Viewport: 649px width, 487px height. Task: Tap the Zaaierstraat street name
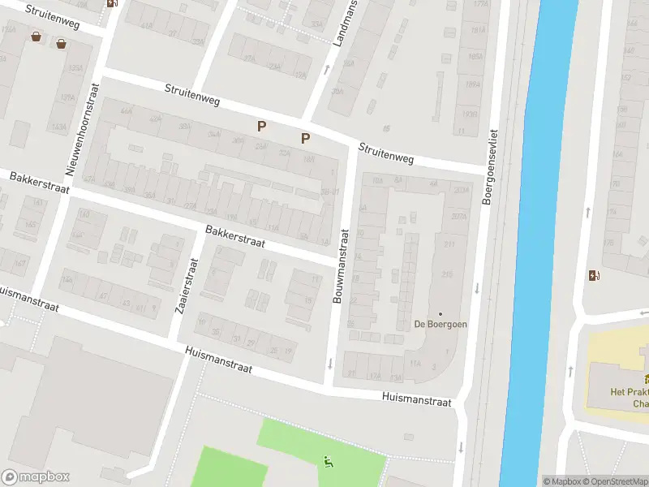(186, 286)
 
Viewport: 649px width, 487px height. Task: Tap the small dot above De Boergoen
(441, 314)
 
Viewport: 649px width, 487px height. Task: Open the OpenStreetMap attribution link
(612, 481)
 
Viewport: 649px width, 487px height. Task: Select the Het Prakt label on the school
(630, 391)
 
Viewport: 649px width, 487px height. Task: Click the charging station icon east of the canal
(594, 275)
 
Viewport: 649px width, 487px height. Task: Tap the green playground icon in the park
(328, 463)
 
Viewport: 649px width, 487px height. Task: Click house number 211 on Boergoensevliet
(448, 243)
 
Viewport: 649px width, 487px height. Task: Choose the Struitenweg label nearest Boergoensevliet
(387, 153)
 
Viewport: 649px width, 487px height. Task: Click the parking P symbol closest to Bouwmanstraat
(305, 138)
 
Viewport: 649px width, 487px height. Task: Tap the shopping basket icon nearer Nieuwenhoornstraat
(62, 43)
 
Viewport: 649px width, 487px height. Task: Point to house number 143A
(58, 127)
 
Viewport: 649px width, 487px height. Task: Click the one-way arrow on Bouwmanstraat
(330, 362)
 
